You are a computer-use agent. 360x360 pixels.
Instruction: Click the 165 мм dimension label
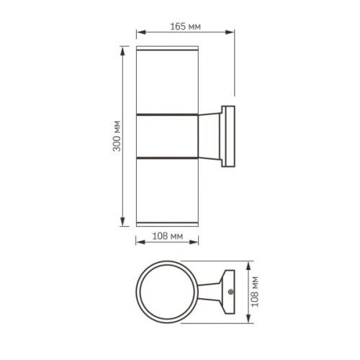186,26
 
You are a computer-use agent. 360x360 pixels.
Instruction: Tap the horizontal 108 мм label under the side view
166,235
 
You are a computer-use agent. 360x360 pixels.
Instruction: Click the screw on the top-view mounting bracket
230,292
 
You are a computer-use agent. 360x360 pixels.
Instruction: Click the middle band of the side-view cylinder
166,135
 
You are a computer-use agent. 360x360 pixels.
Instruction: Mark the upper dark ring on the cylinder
166,114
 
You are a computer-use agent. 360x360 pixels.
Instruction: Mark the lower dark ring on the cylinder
166,156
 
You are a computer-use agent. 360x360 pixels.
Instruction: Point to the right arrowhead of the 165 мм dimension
233,32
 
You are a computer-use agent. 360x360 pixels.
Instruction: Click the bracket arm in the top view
211,292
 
